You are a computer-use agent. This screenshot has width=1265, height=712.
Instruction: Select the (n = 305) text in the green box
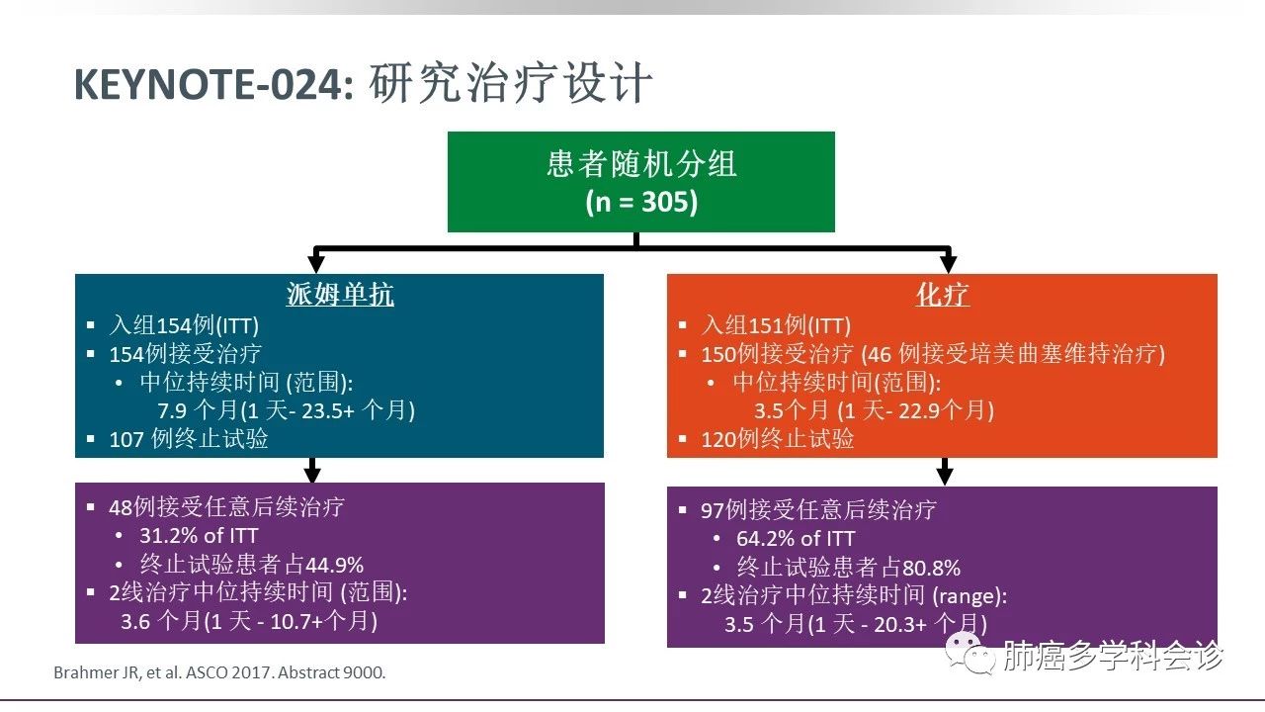pyautogui.click(x=641, y=202)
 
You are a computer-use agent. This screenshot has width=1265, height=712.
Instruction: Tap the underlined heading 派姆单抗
pyautogui.click(x=340, y=295)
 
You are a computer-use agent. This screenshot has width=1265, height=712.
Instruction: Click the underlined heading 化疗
pyautogui.click(x=943, y=295)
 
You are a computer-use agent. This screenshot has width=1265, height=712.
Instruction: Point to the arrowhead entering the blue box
pyautogui.click(x=316, y=263)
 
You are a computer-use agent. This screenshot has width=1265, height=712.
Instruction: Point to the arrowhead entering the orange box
pyautogui.click(x=948, y=263)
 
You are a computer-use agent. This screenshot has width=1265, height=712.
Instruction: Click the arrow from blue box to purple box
pyautogui.click(x=312, y=470)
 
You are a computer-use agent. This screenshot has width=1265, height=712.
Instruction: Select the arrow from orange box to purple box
pyautogui.click(x=945, y=472)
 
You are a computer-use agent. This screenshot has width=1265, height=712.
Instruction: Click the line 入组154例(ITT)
pyautogui.click(x=184, y=325)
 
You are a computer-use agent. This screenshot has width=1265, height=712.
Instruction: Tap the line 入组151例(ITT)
pyautogui.click(x=776, y=325)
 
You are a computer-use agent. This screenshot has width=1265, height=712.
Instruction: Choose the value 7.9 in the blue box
pyautogui.click(x=172, y=410)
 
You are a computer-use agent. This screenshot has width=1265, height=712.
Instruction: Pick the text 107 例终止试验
pyautogui.click(x=189, y=439)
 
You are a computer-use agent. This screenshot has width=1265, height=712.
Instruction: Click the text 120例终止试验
pyautogui.click(x=778, y=439)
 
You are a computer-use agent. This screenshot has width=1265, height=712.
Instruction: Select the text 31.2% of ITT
pyautogui.click(x=199, y=536)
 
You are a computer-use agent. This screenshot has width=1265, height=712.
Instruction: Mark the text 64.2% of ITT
pyautogui.click(x=796, y=539)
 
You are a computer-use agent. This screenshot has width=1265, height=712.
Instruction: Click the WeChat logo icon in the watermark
pyautogui.click(x=970, y=654)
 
